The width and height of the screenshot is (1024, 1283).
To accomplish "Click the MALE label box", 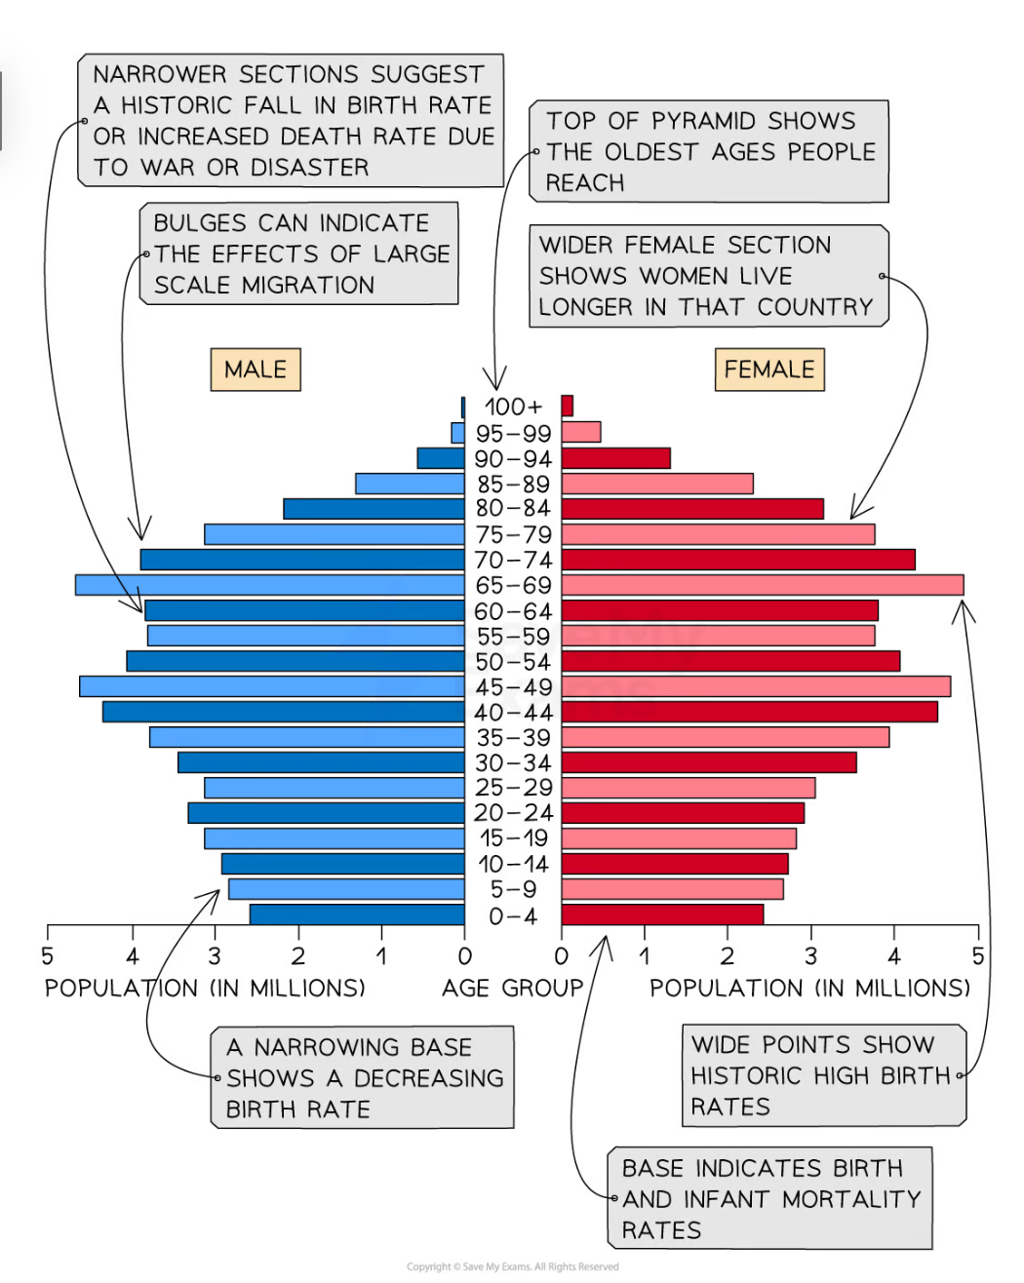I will coord(256,369).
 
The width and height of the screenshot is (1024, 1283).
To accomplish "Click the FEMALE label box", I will coord(769,369).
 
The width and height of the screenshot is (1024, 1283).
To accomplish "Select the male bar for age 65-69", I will coord(270,585).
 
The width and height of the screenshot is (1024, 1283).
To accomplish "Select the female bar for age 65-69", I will coord(763,585).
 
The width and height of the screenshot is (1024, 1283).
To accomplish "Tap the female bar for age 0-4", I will coord(662,914).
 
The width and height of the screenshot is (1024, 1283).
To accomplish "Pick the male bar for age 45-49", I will coord(272,686).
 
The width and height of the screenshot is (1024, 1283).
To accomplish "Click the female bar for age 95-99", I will coord(581,432).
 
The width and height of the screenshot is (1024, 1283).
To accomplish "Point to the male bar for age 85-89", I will coord(410,484).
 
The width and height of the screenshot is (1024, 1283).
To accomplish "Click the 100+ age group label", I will coord(513,407).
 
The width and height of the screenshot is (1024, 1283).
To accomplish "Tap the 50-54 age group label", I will coord(513,661).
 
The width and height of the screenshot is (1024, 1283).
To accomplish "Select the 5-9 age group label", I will coord(513,889).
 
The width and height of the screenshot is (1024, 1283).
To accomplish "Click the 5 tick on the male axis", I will coord(48,956).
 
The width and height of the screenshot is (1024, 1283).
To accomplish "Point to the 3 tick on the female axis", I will coord(811,956).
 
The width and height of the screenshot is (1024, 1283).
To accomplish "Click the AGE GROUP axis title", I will coord(512,989).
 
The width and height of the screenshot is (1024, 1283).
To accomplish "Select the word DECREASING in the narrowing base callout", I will coord(428,1078).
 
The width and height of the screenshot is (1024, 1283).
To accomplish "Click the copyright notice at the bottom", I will coord(512,1266).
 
